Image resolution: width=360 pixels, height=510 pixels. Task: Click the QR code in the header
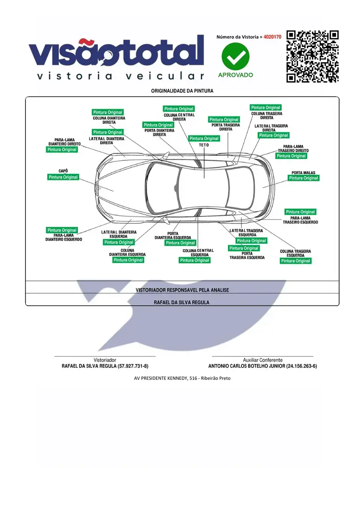(x=312, y=56)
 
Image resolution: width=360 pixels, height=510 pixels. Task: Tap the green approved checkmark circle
(x=235, y=56)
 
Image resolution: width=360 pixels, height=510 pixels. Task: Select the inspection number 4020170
(x=272, y=37)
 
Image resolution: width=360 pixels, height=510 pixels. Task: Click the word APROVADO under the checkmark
(x=235, y=75)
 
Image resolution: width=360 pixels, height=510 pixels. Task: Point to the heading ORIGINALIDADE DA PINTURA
(x=182, y=91)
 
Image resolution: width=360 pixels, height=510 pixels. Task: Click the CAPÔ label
(x=63, y=171)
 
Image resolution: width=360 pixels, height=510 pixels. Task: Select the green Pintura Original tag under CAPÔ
(x=63, y=177)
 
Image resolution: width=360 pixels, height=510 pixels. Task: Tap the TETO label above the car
(x=204, y=145)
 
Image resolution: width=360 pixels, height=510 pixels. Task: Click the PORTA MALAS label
(x=303, y=173)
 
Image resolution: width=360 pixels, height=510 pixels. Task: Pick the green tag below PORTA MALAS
(x=303, y=178)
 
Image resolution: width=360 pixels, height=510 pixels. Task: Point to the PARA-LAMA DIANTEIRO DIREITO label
(x=65, y=142)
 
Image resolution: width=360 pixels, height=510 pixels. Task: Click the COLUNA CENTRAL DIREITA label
(x=179, y=117)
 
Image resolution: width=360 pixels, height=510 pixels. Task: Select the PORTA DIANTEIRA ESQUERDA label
(x=173, y=236)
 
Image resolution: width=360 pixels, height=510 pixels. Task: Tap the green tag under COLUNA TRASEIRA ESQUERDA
(x=296, y=261)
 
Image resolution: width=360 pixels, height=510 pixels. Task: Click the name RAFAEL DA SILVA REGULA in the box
(x=182, y=302)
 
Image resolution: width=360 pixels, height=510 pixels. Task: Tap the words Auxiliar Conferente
(x=263, y=360)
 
